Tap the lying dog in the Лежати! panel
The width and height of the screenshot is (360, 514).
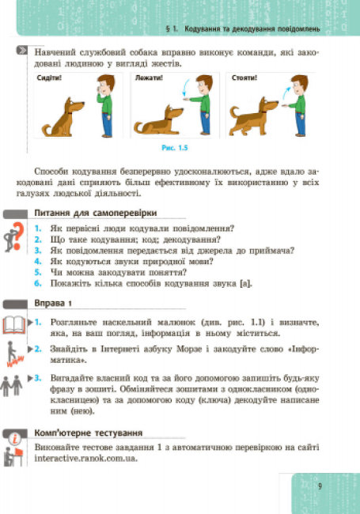pyautogui.click(x=158, y=120)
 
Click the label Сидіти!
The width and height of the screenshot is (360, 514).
pyautogui.click(x=49, y=78)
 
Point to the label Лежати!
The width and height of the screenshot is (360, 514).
pyautogui.click(x=149, y=78)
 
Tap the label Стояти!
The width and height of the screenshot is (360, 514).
pyautogui.click(x=244, y=78)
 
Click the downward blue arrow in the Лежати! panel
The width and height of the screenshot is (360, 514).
pyautogui.click(x=186, y=88)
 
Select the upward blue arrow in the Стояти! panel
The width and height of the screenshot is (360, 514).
pyautogui.click(x=286, y=93)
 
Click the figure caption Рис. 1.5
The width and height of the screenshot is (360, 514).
pyautogui.click(x=175, y=148)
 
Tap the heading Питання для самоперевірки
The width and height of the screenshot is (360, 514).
pyautogui.click(x=96, y=213)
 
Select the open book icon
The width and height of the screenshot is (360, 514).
pyautogui.click(x=13, y=325)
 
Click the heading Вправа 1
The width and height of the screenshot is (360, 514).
pyautogui.click(x=53, y=303)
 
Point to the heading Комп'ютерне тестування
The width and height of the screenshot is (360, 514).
pyautogui.click(x=89, y=433)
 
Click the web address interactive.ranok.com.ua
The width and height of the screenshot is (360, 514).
pyautogui.click(x=86, y=458)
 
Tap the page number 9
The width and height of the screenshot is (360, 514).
pyautogui.click(x=320, y=486)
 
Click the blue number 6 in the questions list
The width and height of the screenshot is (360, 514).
pyautogui.click(x=38, y=283)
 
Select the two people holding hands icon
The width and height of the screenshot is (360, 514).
pyautogui.click(x=11, y=386)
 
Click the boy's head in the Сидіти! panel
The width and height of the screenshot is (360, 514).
pyautogui.click(x=106, y=85)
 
